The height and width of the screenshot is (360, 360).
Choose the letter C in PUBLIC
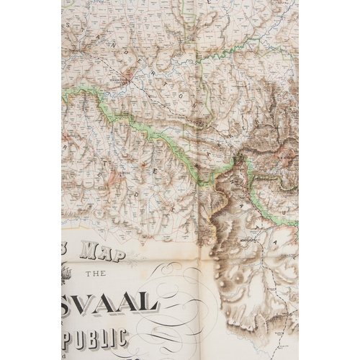pyautogui.click(x=122, y=336)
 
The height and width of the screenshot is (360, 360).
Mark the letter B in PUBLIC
pyautogui.click(x=93, y=336)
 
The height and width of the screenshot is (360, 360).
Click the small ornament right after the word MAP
pyautogui.click(x=123, y=256)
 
